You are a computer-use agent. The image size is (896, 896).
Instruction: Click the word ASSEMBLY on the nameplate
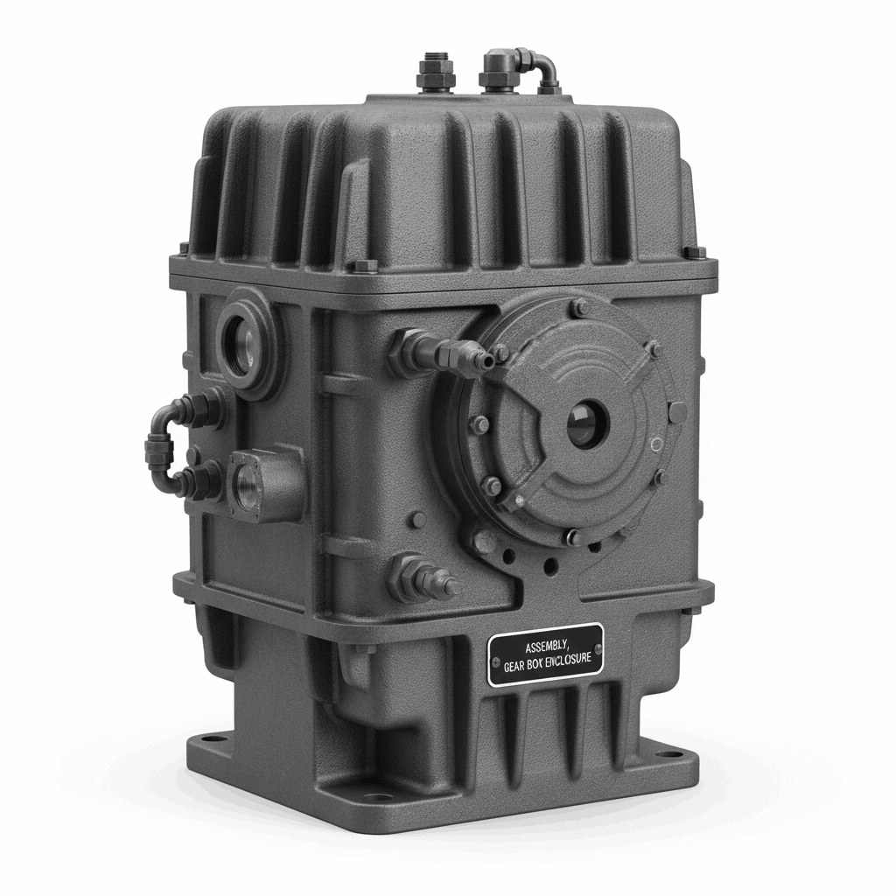pyautogui.click(x=544, y=648)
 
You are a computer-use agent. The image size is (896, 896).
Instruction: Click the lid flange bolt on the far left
pyautogui.click(x=185, y=248)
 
